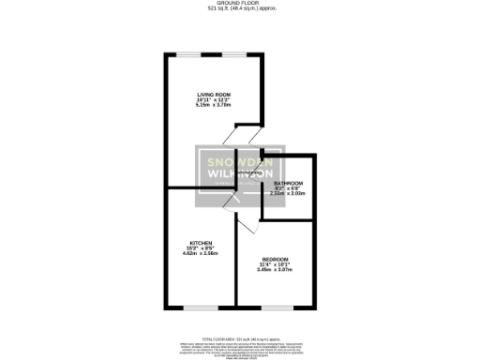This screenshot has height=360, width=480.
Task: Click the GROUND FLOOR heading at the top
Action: point(240,3)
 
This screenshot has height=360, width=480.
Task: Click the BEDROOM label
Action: point(276,260)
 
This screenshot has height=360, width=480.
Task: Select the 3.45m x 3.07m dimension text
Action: point(276,270)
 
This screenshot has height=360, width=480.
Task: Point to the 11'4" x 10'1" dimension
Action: point(276,264)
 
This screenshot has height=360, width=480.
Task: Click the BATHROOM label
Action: point(288,183)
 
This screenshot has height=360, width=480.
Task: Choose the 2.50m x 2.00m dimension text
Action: point(288,193)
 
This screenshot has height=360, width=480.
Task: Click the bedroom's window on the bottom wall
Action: point(274,307)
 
